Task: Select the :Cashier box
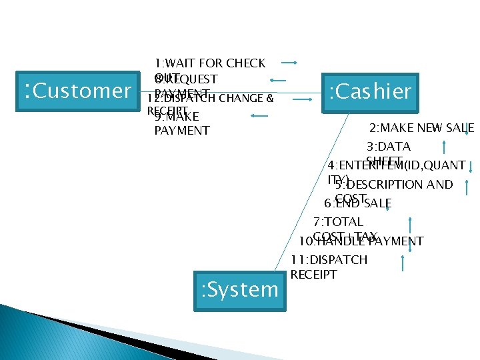coord(370,91)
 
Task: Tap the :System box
coord(239,289)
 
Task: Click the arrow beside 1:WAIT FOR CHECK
coord(289,63)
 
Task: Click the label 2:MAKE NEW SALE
coord(421,128)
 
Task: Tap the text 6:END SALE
coord(357,203)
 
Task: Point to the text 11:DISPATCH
coord(329,259)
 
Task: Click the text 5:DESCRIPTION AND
coord(393,184)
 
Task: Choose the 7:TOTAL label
coord(338,221)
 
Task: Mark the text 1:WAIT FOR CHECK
coord(209,63)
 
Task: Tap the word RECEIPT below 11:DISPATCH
coord(314,274)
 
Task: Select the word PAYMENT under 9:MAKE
coord(181,130)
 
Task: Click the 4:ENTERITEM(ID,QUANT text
coord(396,165)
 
